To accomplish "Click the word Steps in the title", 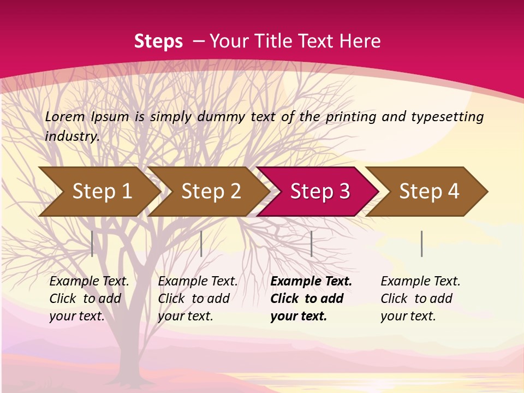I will [x=158, y=41].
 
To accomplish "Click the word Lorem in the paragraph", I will [x=65, y=116].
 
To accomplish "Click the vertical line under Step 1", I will [x=92, y=243].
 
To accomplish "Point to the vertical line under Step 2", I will [x=201, y=243].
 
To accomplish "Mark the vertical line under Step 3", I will [x=311, y=243].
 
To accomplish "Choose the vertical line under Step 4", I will [x=421, y=243].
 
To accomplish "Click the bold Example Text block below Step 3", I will [x=311, y=299].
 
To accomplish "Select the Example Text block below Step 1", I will [x=89, y=299].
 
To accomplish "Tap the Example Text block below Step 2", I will [x=198, y=299].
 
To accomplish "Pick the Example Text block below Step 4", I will [x=420, y=299].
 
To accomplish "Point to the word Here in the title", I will [x=360, y=41].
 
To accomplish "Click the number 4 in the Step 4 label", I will [x=453, y=192].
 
